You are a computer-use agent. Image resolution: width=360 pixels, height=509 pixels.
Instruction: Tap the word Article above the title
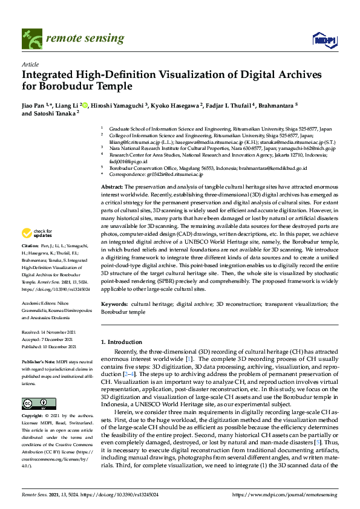(x=30, y=64)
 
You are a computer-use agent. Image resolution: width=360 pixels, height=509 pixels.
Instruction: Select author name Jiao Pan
(x=35, y=105)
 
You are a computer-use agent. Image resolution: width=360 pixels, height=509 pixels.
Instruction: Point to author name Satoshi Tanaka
(x=56, y=113)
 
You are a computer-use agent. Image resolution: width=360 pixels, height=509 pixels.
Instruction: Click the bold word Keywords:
(x=114, y=304)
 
